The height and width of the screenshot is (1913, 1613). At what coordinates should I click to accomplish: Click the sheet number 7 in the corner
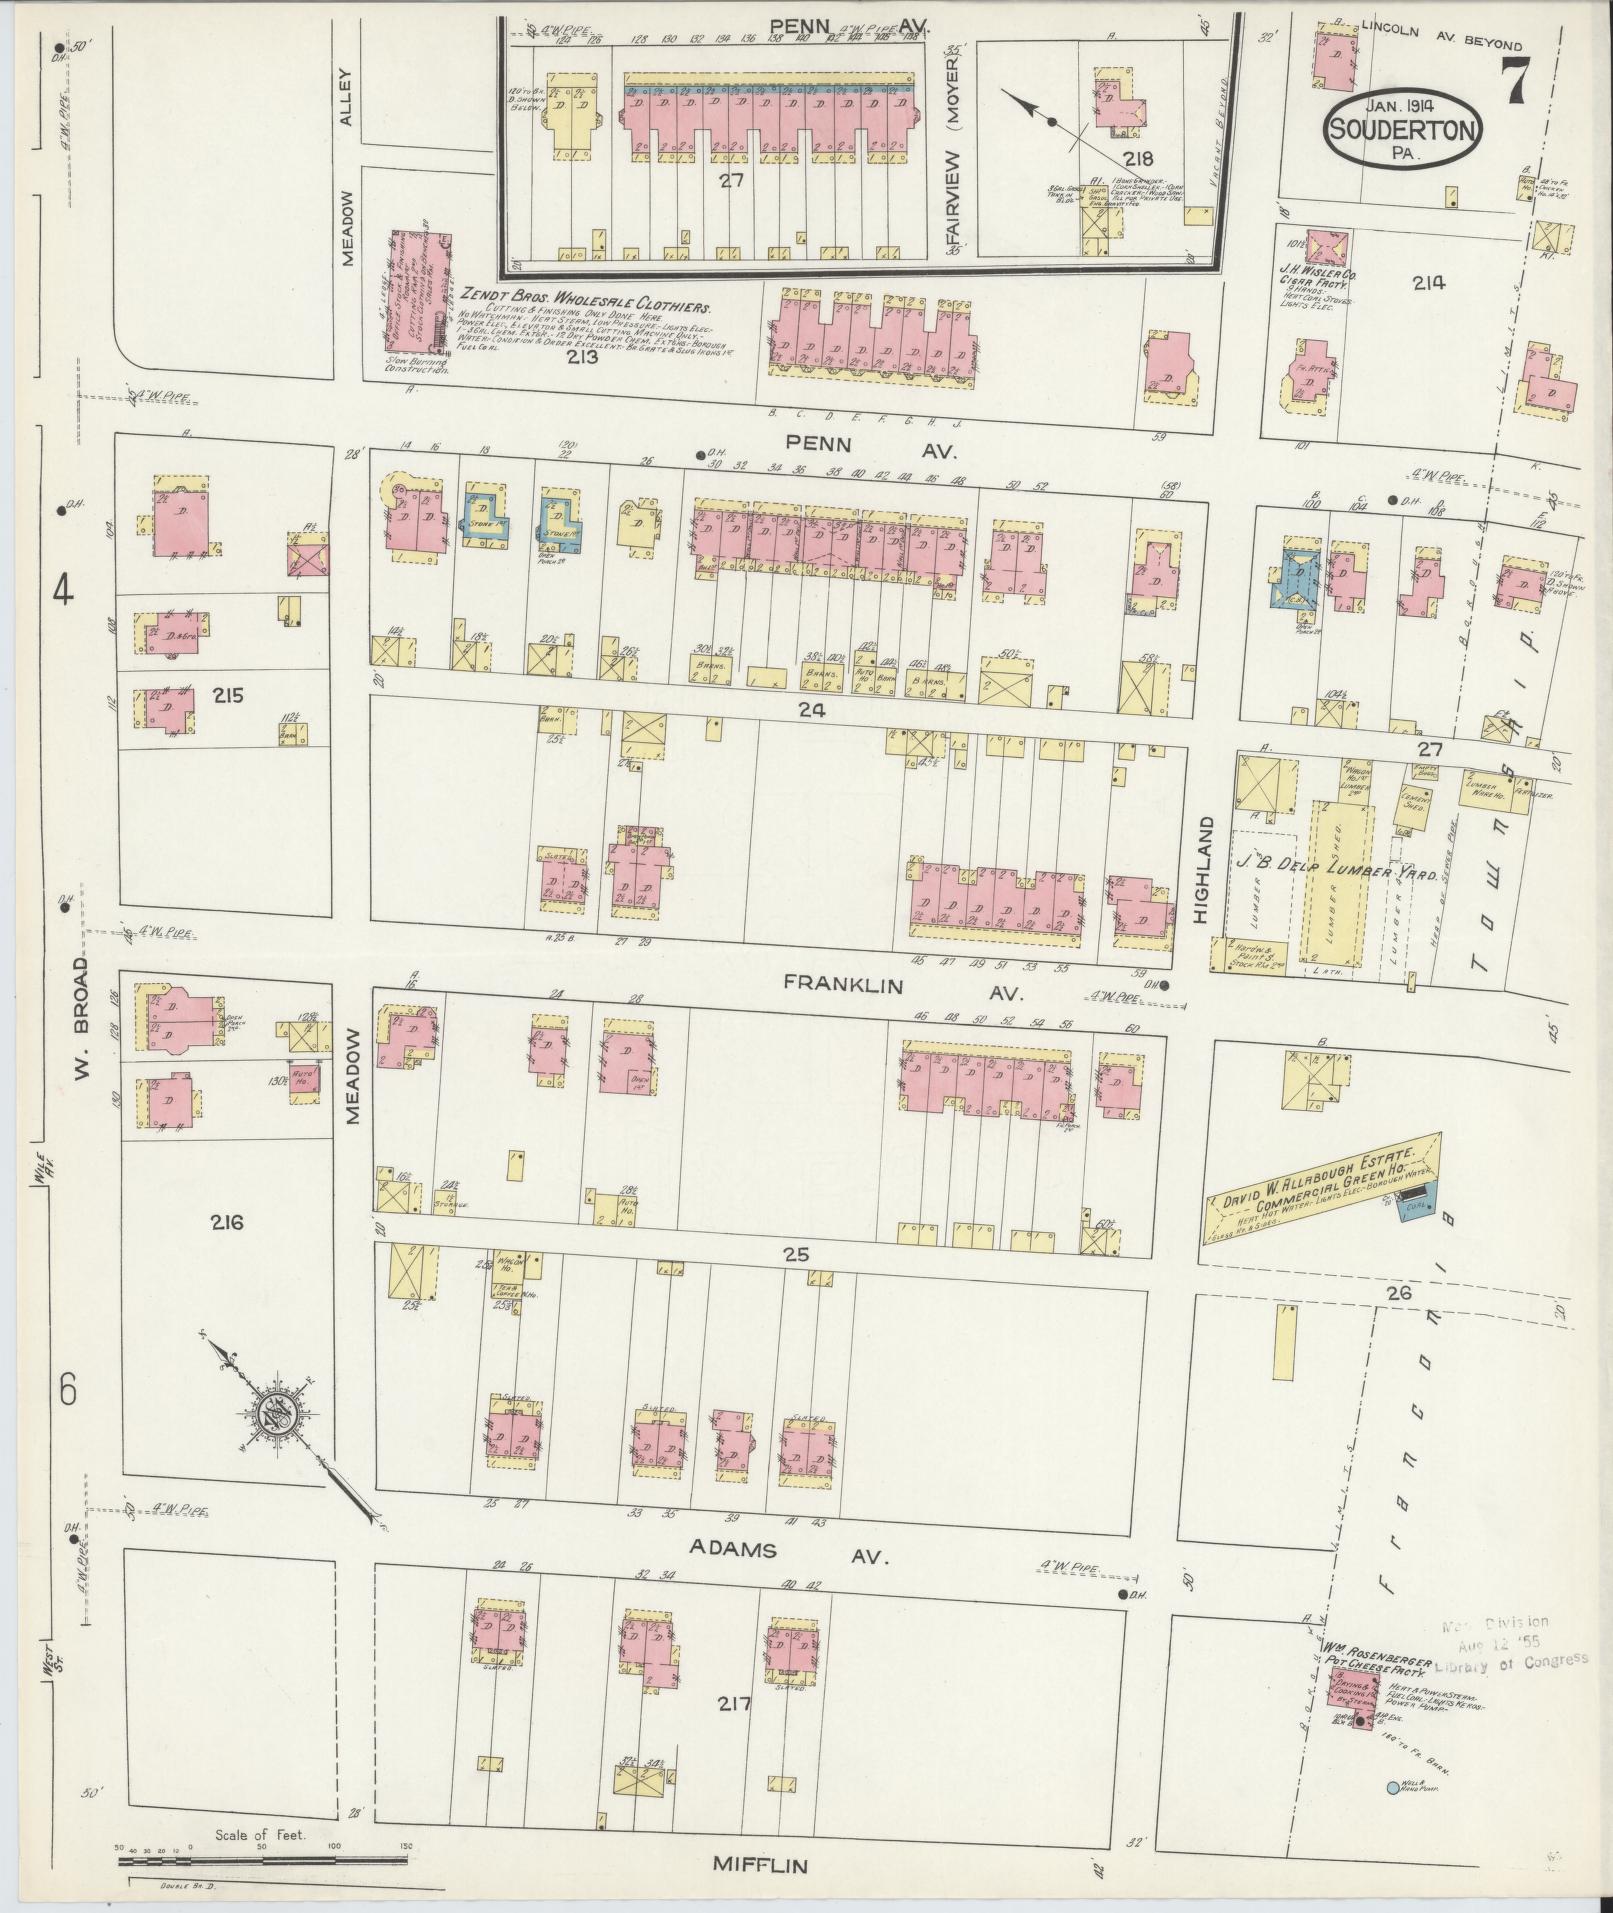(1513, 79)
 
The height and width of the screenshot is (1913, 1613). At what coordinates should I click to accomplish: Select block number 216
(228, 1221)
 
